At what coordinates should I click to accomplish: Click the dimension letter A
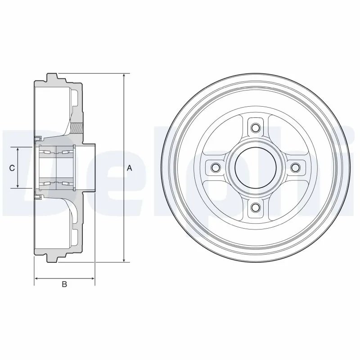[x=129, y=168]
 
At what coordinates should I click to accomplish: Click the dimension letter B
[x=64, y=284]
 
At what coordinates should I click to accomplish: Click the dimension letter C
[x=12, y=168]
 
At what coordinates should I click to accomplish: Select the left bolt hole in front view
[x=215, y=167]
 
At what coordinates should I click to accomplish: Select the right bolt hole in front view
[x=295, y=167]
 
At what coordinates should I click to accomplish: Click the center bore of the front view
[x=255, y=167]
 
